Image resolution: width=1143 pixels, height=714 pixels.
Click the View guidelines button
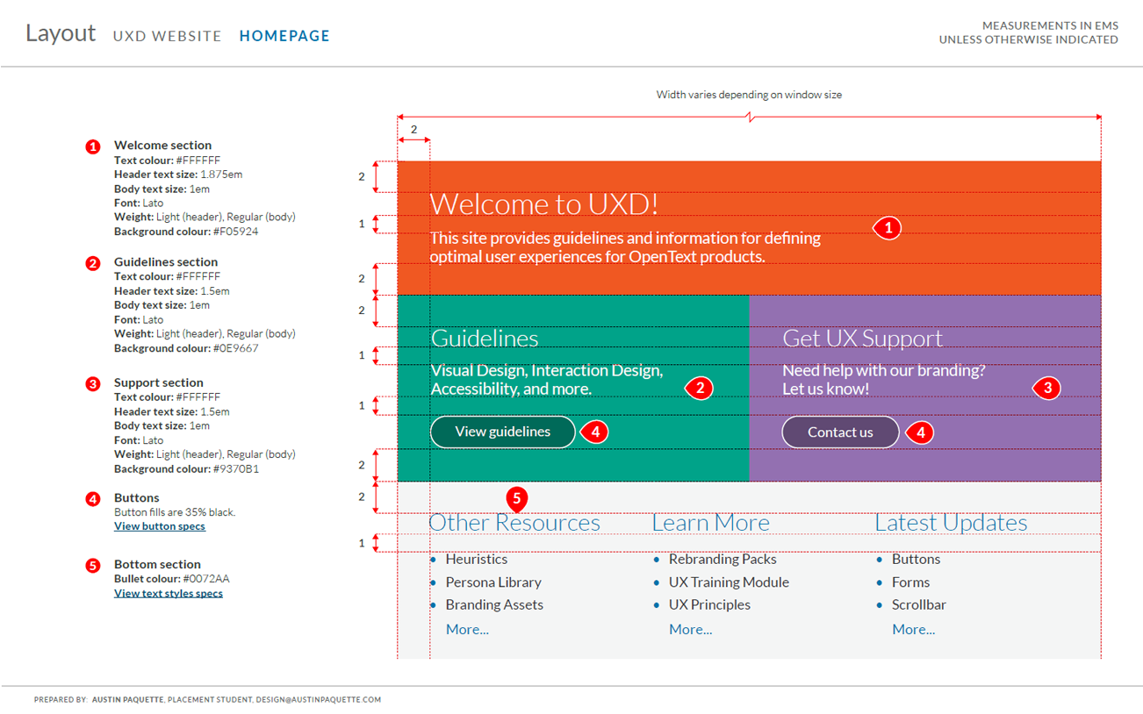tap(502, 432)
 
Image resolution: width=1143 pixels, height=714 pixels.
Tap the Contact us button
tap(840, 432)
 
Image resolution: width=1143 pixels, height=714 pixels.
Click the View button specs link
tap(160, 526)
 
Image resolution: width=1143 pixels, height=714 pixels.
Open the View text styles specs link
tap(169, 593)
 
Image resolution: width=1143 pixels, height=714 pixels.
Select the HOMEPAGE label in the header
tap(284, 36)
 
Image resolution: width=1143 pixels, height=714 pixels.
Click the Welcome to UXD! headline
tap(543, 203)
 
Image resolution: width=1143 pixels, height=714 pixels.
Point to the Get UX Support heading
tap(862, 339)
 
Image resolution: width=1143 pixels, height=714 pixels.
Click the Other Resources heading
tap(514, 523)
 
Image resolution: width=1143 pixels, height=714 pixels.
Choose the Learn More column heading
tap(710, 523)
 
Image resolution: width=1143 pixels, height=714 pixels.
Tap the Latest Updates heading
tap(951, 523)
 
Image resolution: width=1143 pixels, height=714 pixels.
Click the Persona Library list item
tap(493, 582)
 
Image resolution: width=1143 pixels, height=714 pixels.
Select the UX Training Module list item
tap(729, 582)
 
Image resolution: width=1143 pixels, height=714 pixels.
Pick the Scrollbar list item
tap(919, 605)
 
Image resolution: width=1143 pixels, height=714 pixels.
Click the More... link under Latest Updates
tap(913, 630)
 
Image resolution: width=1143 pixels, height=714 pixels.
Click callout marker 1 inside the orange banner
tap(888, 228)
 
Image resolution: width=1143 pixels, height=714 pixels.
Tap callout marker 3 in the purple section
tap(1046, 388)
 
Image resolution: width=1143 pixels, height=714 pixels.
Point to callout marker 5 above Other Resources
tap(517, 499)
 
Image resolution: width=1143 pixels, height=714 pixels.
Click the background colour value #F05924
tap(235, 232)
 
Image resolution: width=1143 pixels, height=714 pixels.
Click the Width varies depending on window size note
tap(749, 95)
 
